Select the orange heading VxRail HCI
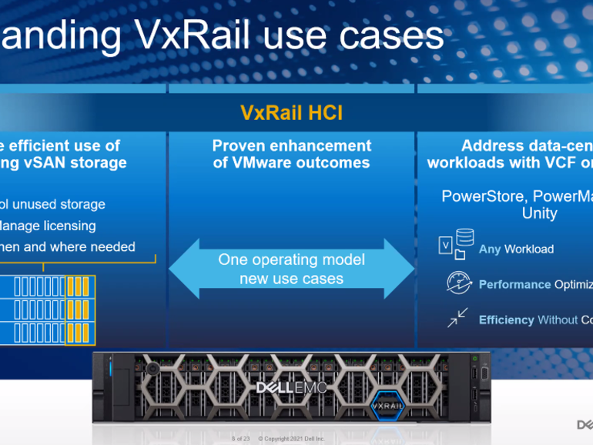(x=291, y=113)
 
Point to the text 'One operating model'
(x=291, y=259)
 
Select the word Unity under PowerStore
(x=539, y=213)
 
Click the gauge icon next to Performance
(x=459, y=283)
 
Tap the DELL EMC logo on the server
(x=291, y=387)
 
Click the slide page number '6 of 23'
(x=240, y=439)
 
